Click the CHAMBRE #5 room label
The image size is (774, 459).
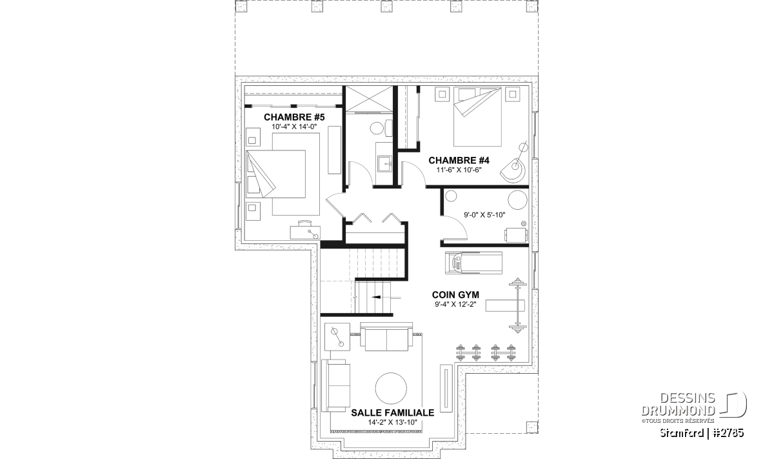(x=294, y=117)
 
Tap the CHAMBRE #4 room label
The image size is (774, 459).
(x=459, y=161)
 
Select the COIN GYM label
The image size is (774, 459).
(x=455, y=294)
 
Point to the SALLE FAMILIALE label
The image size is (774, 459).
(x=393, y=413)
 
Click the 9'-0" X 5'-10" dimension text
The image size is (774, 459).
(x=484, y=215)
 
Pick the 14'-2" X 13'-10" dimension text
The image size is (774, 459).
(x=393, y=422)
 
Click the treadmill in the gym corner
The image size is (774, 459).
(x=473, y=263)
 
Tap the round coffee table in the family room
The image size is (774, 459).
(x=391, y=388)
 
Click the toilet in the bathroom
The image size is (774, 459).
(x=380, y=128)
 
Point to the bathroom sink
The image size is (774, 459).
(x=385, y=163)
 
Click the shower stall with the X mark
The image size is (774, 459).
(x=370, y=99)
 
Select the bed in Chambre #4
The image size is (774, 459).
(x=477, y=117)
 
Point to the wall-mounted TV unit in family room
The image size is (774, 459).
(x=446, y=388)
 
